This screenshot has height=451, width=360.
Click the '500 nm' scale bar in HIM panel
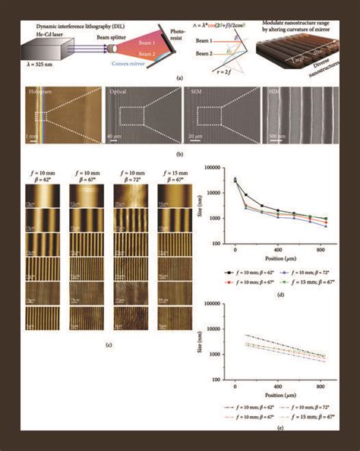pyautogui.click(x=276, y=138)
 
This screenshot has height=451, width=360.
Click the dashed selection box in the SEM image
pyautogui.click(x=213, y=117)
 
